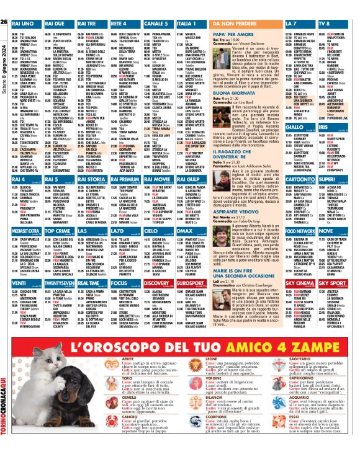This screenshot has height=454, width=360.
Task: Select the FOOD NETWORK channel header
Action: click(300, 231)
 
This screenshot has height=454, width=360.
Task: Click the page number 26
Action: click(4, 23)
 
